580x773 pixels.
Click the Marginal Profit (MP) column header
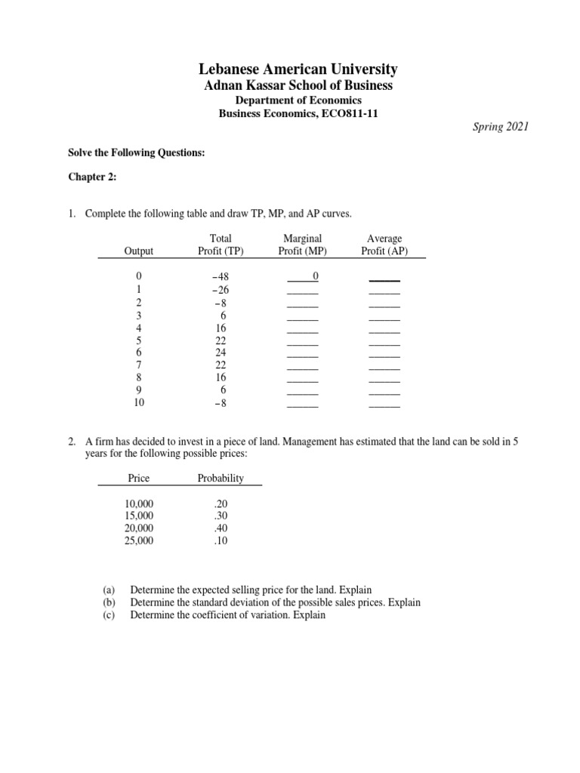[301, 245]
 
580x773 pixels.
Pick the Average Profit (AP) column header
[384, 245]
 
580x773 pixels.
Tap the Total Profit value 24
[221, 352]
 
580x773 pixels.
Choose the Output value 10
[138, 402]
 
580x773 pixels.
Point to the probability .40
[220, 528]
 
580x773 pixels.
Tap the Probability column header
[221, 478]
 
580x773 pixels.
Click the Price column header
[139, 478]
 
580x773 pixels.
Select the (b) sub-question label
[106, 602]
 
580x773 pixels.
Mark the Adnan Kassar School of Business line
[298, 85]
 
